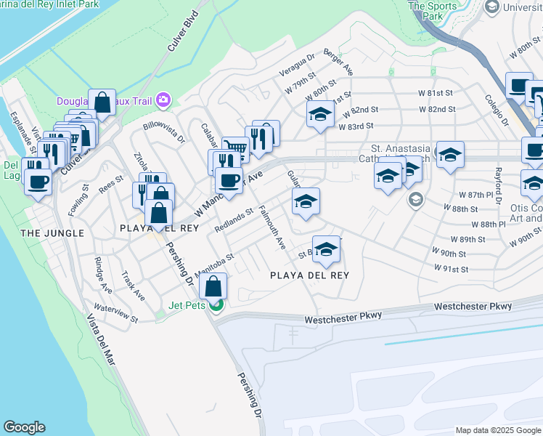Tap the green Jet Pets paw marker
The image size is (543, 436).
(x=216, y=305)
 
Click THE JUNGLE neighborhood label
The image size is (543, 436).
(x=52, y=233)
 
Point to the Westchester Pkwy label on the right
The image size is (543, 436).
(x=473, y=307)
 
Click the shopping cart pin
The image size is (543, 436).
(x=235, y=148)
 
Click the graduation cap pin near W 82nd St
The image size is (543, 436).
(x=320, y=114)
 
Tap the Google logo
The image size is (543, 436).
(x=24, y=427)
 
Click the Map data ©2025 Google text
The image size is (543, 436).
(x=497, y=430)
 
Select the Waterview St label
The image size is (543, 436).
(x=116, y=313)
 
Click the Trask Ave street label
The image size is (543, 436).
(x=134, y=286)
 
